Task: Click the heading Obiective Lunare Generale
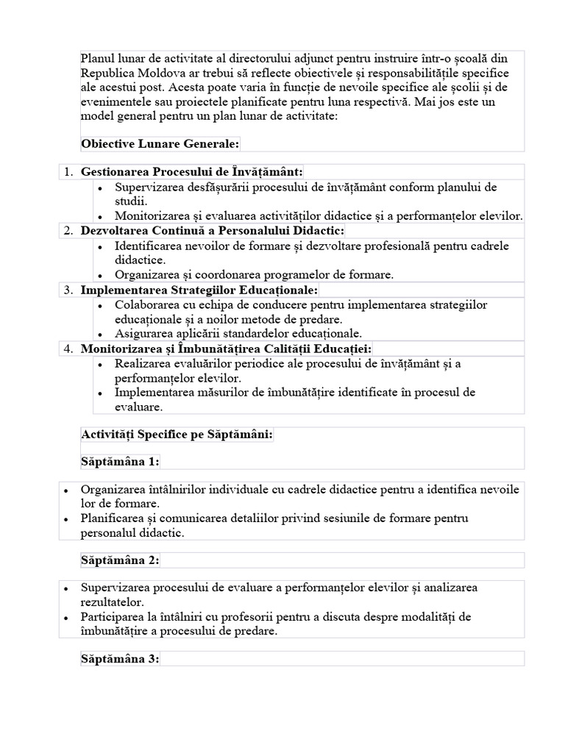coord(160,143)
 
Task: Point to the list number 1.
coord(68,171)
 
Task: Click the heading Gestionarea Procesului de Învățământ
coord(191,171)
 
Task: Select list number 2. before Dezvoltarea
coord(68,231)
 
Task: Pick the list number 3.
coord(68,290)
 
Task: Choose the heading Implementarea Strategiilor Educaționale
coord(199,290)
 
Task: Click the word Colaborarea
coord(149,304)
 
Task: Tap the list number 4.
coord(68,349)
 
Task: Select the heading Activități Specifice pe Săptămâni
coord(177,435)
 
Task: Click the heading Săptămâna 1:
coord(120,461)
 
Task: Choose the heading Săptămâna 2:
coord(120,560)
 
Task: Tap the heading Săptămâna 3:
coord(120,659)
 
